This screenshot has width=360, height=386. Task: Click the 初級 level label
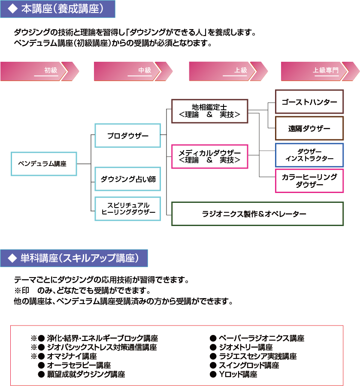[51, 70]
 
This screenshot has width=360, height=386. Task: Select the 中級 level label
[145, 70]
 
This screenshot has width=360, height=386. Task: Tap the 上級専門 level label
[326, 70]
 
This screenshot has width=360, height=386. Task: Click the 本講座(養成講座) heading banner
[57, 9]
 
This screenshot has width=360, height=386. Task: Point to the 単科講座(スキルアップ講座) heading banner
[74, 258]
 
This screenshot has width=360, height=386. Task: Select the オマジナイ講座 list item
[72, 356]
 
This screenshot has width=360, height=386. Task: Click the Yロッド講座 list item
[238, 374]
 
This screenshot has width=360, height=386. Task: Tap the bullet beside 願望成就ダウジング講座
[41, 374]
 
